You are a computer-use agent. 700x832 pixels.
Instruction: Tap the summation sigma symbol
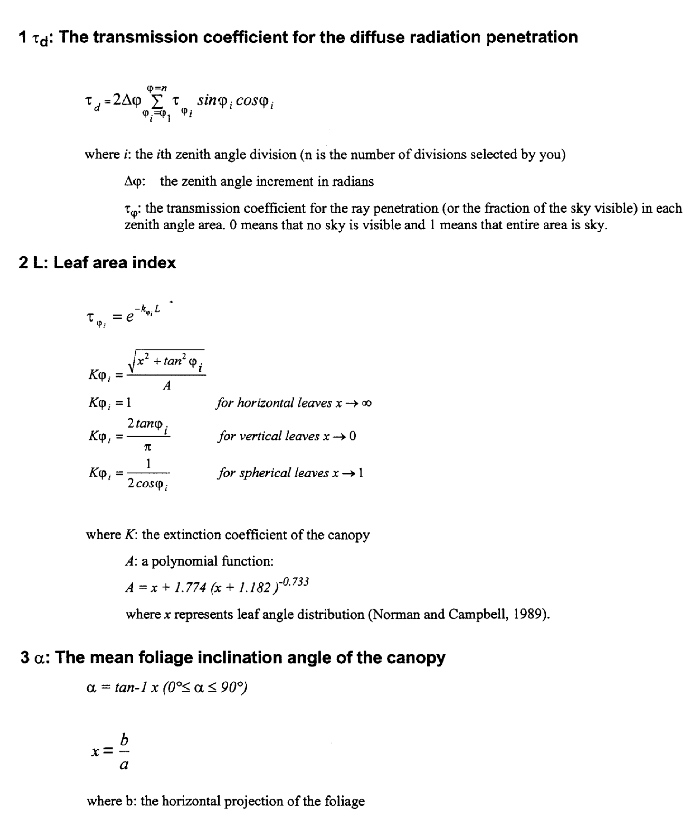157,101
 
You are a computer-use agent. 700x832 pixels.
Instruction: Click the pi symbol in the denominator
147,447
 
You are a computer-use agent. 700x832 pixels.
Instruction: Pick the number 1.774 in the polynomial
190,588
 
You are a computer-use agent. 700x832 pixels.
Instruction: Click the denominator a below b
124,764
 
